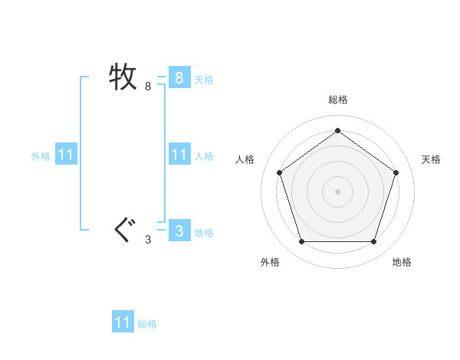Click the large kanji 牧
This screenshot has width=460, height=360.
tap(123, 77)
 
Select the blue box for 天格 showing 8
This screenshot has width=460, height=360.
tap(179, 77)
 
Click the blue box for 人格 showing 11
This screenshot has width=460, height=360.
tap(179, 155)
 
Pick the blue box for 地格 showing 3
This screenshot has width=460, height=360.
tap(179, 231)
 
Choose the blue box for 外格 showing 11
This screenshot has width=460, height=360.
tap(65, 155)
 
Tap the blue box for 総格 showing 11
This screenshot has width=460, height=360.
tap(123, 322)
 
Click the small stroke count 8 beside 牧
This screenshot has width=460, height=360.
tap(148, 87)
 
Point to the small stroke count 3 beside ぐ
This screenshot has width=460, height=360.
tap(148, 240)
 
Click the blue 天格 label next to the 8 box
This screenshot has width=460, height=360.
tap(204, 79)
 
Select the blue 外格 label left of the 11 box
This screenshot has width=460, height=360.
tap(41, 156)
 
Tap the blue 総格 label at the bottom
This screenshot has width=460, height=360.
tap(147, 324)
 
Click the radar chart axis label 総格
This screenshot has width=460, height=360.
tap(338, 100)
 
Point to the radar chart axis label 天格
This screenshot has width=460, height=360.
tap(431, 159)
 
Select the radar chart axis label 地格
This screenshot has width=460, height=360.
tap(402, 262)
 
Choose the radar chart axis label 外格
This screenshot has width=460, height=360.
tap(270, 262)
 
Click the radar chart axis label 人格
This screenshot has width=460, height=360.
tap(245, 159)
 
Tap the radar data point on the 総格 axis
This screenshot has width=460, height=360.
tap(337, 130)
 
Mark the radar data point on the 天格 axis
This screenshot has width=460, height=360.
tap(396, 172)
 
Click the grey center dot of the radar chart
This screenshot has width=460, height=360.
tap(337, 191)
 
